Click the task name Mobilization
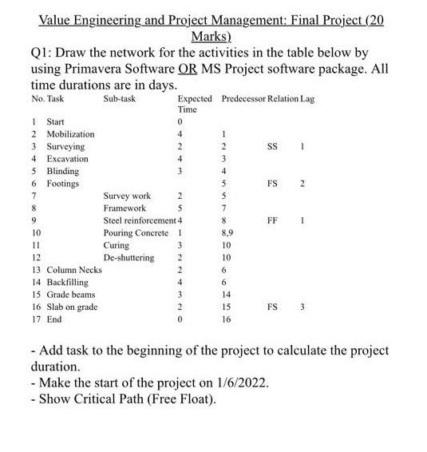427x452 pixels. pos(70,134)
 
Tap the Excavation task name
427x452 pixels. pos(67,159)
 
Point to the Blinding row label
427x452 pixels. pos(63,171)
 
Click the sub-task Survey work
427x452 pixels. pos(127,196)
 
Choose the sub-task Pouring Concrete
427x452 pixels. pos(136,232)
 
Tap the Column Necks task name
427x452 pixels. pos(73,270)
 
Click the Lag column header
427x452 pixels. pos(306,98)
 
